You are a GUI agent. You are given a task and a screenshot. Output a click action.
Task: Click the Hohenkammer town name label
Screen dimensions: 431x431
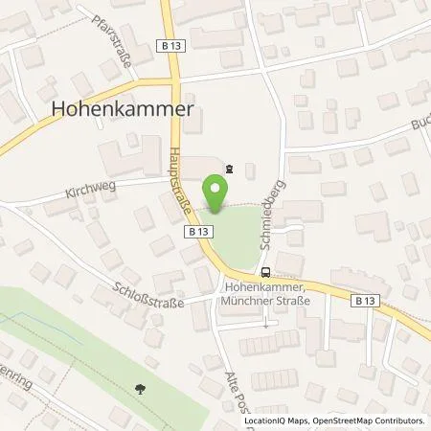[121, 110]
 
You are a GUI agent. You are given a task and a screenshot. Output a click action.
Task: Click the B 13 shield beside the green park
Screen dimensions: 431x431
[198, 232]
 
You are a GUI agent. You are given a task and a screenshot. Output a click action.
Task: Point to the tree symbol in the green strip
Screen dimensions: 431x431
[142, 389]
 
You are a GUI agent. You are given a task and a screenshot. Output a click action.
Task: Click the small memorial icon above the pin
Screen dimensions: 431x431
[227, 167]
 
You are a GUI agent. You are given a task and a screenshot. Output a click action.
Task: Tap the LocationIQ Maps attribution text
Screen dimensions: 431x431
[272, 420]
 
